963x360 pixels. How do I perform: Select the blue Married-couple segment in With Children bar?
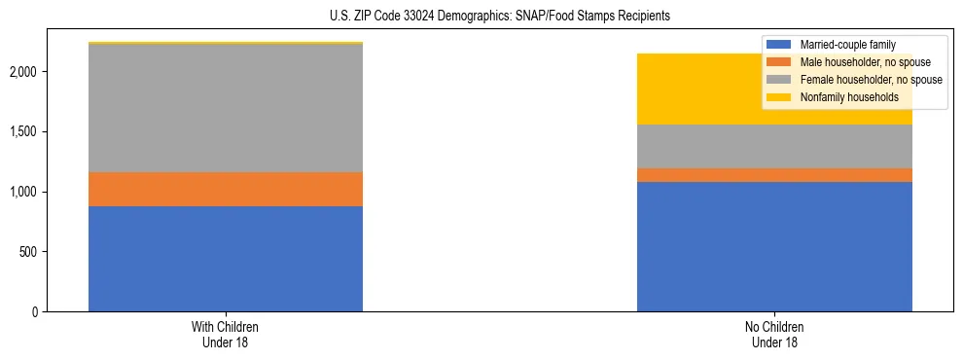pyautogui.click(x=226, y=259)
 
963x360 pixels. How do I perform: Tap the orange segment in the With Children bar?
pyautogui.click(x=226, y=189)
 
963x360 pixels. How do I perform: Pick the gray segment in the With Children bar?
pyautogui.click(x=226, y=108)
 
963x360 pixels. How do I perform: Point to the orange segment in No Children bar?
pyautogui.click(x=774, y=175)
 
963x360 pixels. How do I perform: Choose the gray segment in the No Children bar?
pyautogui.click(x=774, y=146)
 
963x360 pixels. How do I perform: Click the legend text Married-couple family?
pyautogui.click(x=847, y=45)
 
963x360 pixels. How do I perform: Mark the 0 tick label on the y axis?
pyautogui.click(x=34, y=312)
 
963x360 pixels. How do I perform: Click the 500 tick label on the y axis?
pyautogui.click(x=28, y=252)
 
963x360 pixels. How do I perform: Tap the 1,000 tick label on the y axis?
pyautogui.click(x=23, y=192)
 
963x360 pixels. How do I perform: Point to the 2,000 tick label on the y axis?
pyautogui.click(x=23, y=72)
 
